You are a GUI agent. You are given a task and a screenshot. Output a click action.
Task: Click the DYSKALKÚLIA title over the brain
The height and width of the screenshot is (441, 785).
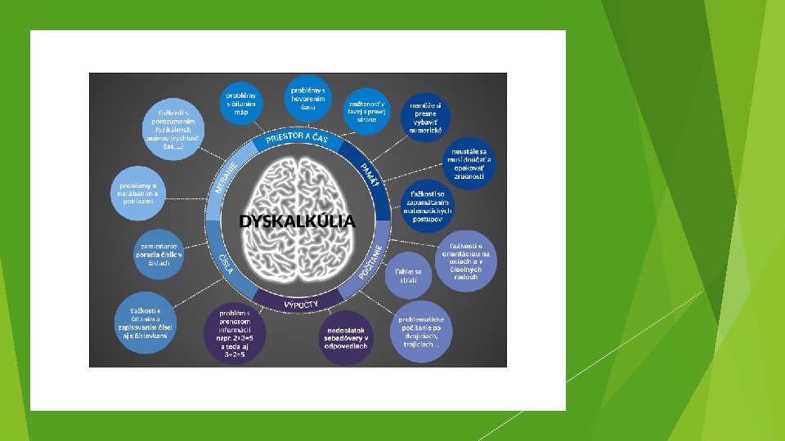point(297,220)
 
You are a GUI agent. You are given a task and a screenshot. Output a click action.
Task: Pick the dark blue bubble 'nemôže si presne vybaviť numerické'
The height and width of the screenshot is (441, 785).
point(426,117)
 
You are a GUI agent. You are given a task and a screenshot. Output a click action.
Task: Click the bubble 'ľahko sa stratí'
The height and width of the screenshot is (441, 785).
point(408,275)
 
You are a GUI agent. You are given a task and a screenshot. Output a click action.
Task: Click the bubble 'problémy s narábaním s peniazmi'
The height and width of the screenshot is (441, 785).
point(138,192)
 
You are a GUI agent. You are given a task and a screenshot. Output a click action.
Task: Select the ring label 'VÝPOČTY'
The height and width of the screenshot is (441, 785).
point(300,305)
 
